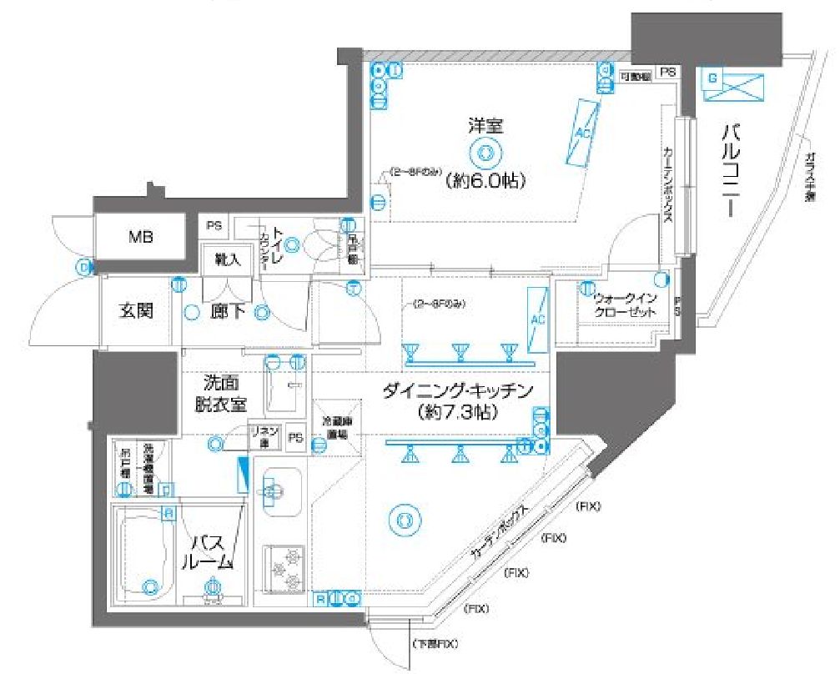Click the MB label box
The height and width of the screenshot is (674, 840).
coord(140,236)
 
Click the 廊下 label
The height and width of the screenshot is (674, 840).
coord(226,313)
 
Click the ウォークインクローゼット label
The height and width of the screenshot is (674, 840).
coord(625,305)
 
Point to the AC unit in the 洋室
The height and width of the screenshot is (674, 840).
coord(582,132)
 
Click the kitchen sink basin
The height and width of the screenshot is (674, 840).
coord(283,490)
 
